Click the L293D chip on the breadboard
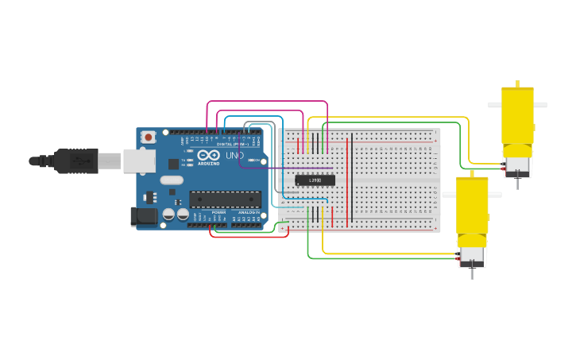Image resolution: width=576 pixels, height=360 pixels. (x=315, y=180)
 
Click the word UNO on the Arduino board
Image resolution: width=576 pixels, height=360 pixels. (x=235, y=156)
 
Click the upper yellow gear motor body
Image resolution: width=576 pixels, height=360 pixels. (x=516, y=116)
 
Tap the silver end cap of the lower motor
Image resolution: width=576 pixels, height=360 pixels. (x=472, y=256)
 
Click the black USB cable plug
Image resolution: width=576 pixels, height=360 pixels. (x=75, y=161)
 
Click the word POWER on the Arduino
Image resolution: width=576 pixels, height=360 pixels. (x=218, y=213)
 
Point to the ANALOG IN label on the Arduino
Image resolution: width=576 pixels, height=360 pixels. (x=249, y=213)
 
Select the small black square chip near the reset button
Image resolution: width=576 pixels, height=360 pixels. (x=174, y=165)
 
